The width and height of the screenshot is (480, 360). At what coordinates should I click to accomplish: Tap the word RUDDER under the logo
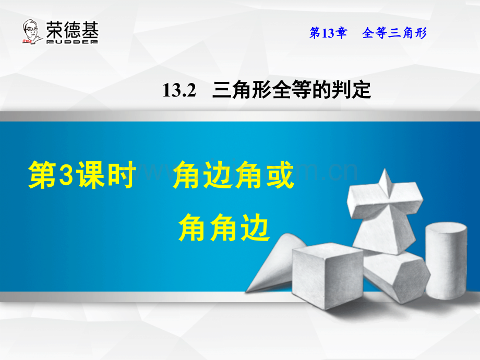72,41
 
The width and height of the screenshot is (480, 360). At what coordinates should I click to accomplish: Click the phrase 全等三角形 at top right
394,34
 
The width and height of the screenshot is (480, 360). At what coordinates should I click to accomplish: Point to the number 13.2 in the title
178,92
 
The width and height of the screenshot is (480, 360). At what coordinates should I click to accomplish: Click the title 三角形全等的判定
292,91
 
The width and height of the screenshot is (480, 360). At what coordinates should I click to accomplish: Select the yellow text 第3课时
82,176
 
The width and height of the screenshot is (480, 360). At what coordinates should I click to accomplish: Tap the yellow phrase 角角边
224,229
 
